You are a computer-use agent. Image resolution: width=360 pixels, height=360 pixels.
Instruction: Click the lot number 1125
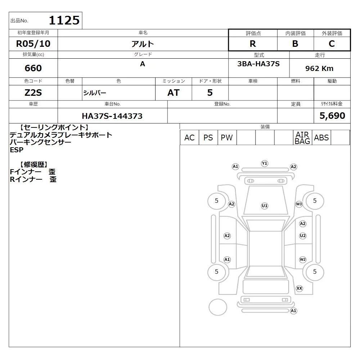(64, 21)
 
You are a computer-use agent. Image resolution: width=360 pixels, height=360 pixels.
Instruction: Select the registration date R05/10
(33, 44)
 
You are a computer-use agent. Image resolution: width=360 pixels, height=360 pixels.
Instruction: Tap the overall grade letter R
(253, 44)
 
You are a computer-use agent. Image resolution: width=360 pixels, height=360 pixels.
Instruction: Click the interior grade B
(295, 44)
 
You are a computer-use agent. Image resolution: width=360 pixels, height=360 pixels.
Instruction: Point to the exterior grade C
(332, 44)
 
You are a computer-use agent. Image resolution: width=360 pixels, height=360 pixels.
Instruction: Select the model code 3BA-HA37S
(258, 64)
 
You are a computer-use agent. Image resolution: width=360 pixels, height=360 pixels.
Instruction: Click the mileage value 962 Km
(319, 68)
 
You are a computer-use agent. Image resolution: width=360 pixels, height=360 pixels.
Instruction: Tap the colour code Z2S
(33, 93)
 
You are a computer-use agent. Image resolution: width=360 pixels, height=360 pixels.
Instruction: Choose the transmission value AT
(174, 93)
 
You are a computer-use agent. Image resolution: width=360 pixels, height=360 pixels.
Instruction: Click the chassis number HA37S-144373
(112, 116)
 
